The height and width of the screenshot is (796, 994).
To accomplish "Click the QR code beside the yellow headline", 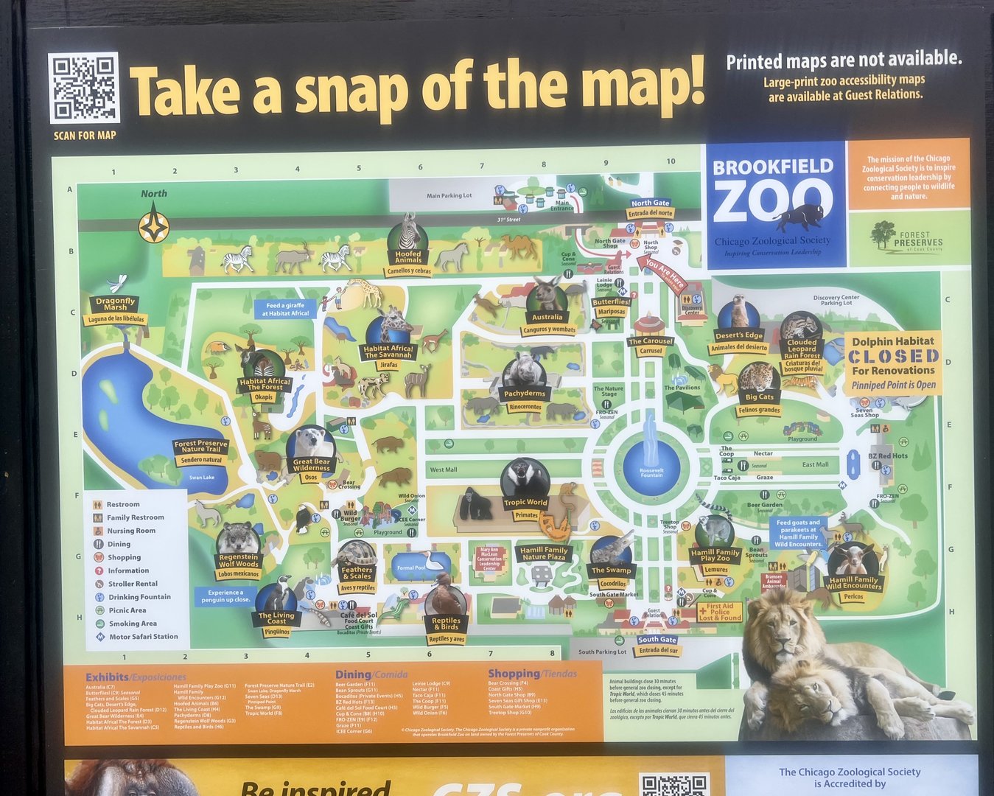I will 84,88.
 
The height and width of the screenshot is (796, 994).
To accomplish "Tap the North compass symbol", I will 154,226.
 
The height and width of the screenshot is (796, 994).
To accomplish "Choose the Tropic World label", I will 525,503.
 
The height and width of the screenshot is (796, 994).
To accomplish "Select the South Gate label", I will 657,640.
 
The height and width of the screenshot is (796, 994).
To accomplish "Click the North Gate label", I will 651,203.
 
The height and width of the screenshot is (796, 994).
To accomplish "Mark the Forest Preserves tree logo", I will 882,234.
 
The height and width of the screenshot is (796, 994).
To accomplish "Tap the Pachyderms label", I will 525,394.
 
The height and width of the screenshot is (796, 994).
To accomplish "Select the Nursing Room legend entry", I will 130,531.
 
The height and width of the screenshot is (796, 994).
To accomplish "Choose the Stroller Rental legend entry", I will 133,584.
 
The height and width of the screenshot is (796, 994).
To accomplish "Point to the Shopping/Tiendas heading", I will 532,674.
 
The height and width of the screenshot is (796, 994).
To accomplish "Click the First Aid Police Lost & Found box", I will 720,612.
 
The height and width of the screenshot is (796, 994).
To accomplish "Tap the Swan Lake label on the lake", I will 201,478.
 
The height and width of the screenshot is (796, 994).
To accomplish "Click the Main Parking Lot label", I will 449,196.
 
